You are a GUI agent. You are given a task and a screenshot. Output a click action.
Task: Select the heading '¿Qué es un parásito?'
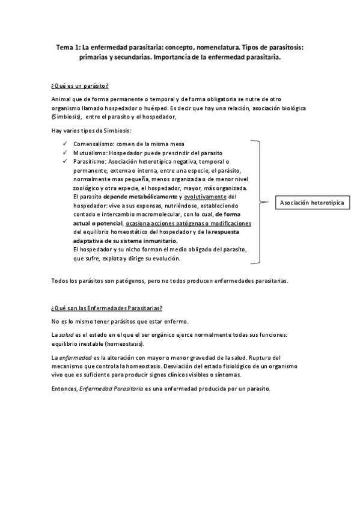pos(80,85)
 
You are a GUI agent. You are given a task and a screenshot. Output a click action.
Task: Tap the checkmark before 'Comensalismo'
pos(65,144)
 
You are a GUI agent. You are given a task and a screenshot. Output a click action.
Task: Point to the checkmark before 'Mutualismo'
pos(65,153)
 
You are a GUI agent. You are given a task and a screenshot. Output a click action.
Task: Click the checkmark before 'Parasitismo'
pos(65,161)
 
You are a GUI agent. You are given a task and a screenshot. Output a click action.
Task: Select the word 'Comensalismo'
pos(91,144)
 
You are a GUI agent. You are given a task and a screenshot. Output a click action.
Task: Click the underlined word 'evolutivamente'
pos(205,196)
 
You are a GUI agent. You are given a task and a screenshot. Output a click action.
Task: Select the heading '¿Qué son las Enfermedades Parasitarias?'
pos(107,308)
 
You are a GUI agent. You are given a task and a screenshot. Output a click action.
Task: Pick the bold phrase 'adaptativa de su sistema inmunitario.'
pos(121,240)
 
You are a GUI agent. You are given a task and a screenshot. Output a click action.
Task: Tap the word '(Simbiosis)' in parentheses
pos(66,116)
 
